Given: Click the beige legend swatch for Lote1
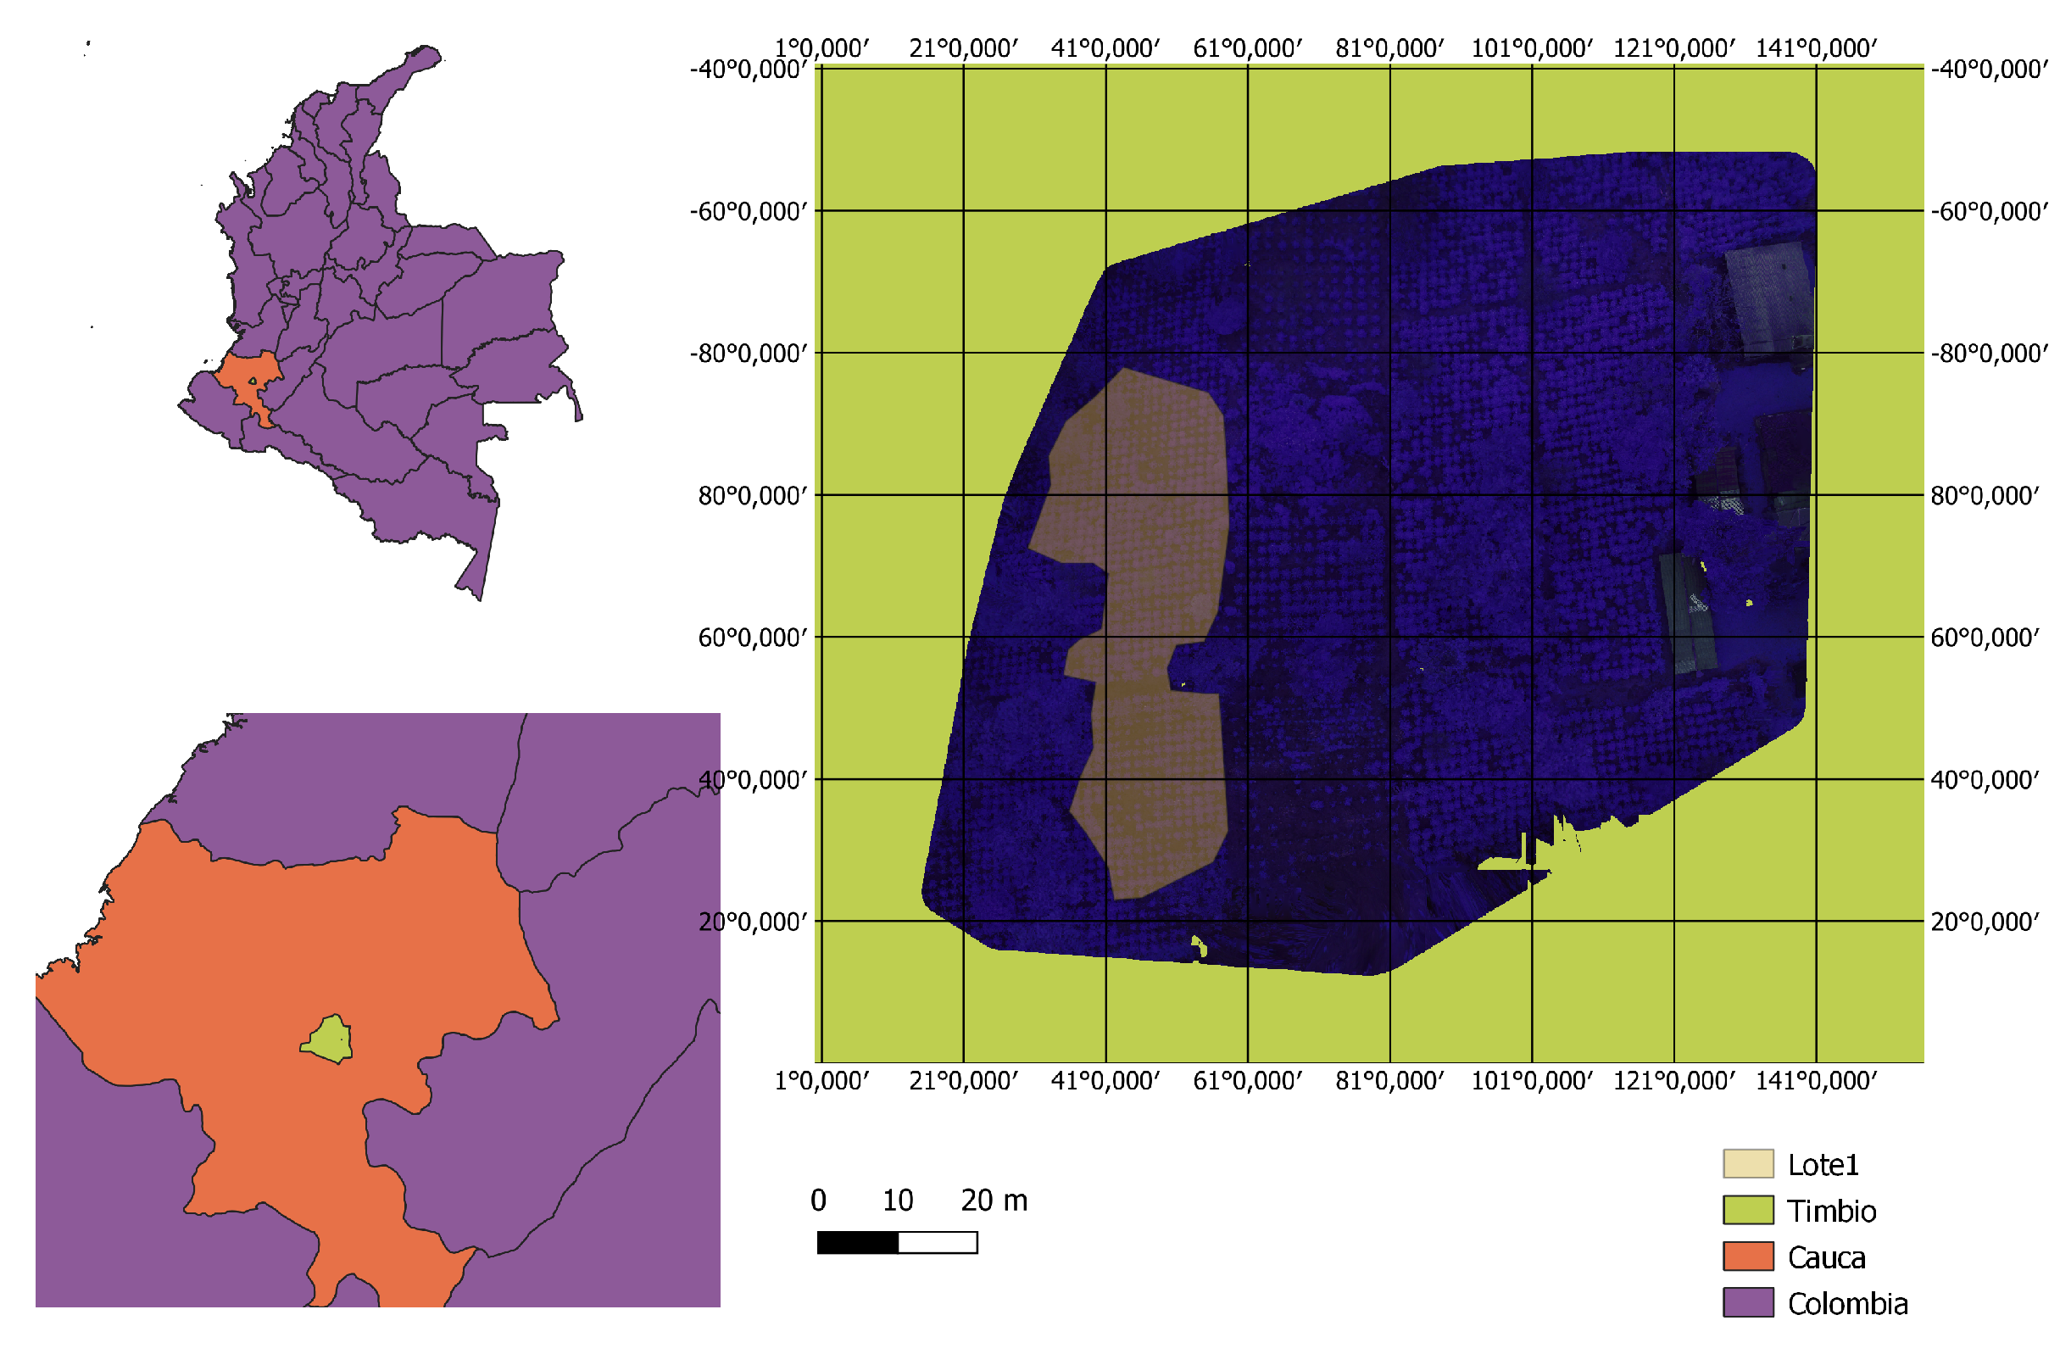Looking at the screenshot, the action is point(1747,1163).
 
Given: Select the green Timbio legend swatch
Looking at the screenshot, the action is point(1747,1209).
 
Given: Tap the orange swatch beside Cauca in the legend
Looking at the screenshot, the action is point(1747,1256).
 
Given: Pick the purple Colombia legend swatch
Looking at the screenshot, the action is point(1747,1302).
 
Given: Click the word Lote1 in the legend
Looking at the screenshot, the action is point(1823,1165).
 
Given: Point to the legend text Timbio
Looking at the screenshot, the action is point(1831,1212).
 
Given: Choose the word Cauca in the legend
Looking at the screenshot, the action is point(1826,1257).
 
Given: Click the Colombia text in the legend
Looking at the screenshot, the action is point(1847,1304).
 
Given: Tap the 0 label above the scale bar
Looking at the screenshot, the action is point(818,1201).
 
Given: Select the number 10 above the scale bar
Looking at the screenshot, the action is point(898,1201).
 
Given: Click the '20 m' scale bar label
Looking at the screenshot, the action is point(994,1201).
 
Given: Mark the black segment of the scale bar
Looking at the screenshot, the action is point(858,1243).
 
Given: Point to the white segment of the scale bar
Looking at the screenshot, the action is point(938,1243).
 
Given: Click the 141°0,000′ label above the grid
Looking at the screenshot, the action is point(1816,48).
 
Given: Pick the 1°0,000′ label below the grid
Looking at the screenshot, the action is point(821,1081).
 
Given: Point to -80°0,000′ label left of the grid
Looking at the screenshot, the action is point(749,354).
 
